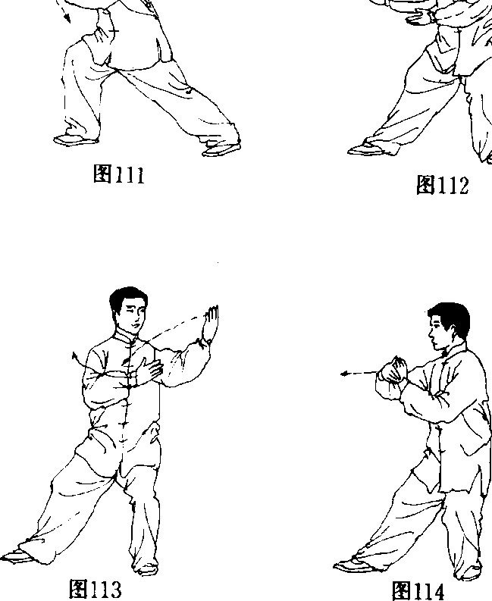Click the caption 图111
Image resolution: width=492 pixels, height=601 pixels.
click(x=119, y=175)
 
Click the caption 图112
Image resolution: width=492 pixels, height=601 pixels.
click(x=442, y=185)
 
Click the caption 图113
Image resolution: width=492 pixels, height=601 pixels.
click(x=96, y=589)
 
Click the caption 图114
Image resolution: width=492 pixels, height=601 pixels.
click(x=418, y=590)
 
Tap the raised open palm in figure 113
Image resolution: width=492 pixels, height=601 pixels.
click(x=211, y=322)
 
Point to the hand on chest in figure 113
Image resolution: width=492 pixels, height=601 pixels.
click(x=149, y=370)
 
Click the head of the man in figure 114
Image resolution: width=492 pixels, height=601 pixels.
click(x=449, y=326)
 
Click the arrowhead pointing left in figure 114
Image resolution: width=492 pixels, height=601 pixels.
click(x=344, y=374)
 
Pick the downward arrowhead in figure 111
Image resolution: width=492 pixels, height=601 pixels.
click(x=67, y=18)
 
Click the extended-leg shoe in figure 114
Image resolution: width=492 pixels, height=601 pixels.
click(x=353, y=565)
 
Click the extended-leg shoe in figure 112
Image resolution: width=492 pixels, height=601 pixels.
click(x=370, y=149)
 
